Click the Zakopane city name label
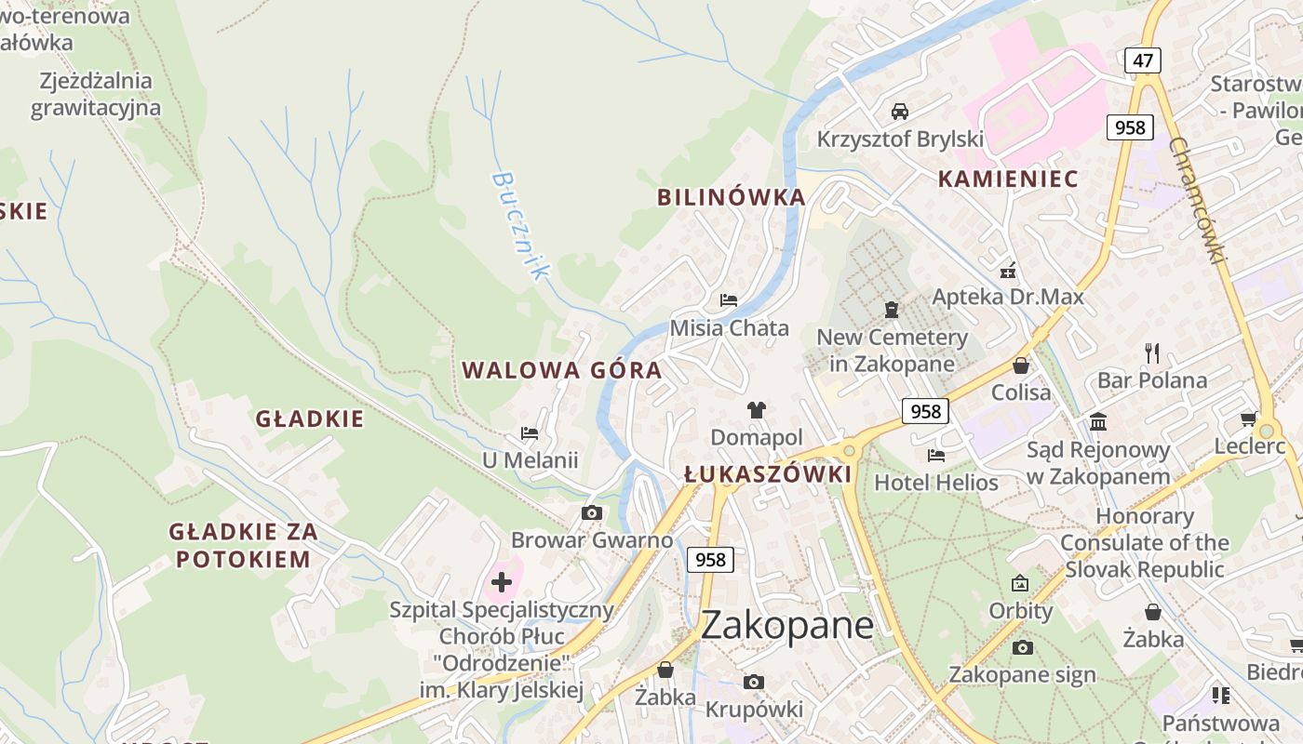[786, 625]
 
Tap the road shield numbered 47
[1142, 60]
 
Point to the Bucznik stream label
[519, 225]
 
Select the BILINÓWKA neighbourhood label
[731, 197]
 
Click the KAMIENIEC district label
[1007, 179]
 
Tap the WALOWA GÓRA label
[562, 370]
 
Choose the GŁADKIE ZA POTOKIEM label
[243, 545]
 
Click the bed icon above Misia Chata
[729, 300]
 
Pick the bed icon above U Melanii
[530, 433]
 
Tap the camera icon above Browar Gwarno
[591, 512]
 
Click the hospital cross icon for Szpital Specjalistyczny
[502, 582]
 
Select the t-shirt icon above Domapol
[756, 409]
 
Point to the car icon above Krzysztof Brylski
[900, 112]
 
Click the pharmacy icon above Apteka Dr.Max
[1007, 272]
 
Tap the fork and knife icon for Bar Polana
[1151, 352]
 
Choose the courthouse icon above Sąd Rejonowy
[1098, 422]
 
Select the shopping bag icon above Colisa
[1021, 365]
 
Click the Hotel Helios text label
[936, 483]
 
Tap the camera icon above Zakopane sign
[1022, 647]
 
